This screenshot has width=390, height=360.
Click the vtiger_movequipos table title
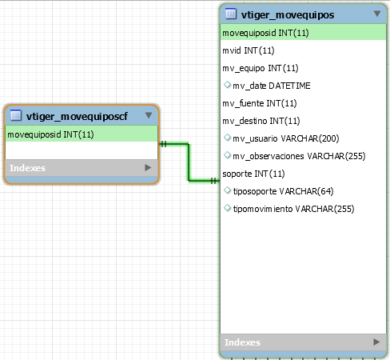coord(288,14)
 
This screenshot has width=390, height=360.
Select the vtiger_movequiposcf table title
coord(77,117)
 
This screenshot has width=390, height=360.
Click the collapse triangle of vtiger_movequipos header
coord(377,14)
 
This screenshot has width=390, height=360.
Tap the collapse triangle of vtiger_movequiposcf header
coord(149,115)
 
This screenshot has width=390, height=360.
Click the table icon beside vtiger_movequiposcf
coord(16,115)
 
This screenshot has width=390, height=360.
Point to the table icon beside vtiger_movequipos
coord(231,14)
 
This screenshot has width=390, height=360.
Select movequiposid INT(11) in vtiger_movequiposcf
coord(50,134)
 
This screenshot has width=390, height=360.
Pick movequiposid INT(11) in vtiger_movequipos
coord(265,33)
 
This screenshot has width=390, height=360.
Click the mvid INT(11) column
coord(249,50)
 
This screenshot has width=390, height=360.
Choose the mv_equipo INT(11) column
coord(261,68)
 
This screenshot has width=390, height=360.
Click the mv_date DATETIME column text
coord(272,86)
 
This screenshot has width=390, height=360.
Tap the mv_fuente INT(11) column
coord(260,103)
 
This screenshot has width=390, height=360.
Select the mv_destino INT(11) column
coord(261,121)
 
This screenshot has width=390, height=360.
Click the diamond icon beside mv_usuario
coord(227,138)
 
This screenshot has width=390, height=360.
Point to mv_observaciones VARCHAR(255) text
coord(299,156)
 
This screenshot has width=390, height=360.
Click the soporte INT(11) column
coord(253,174)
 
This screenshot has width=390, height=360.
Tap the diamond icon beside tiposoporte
coord(227,190)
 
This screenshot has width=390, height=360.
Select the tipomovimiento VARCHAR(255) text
coord(293,209)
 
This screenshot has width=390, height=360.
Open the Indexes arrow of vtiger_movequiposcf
coord(148,167)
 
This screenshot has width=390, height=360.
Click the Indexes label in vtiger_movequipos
coord(242,342)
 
